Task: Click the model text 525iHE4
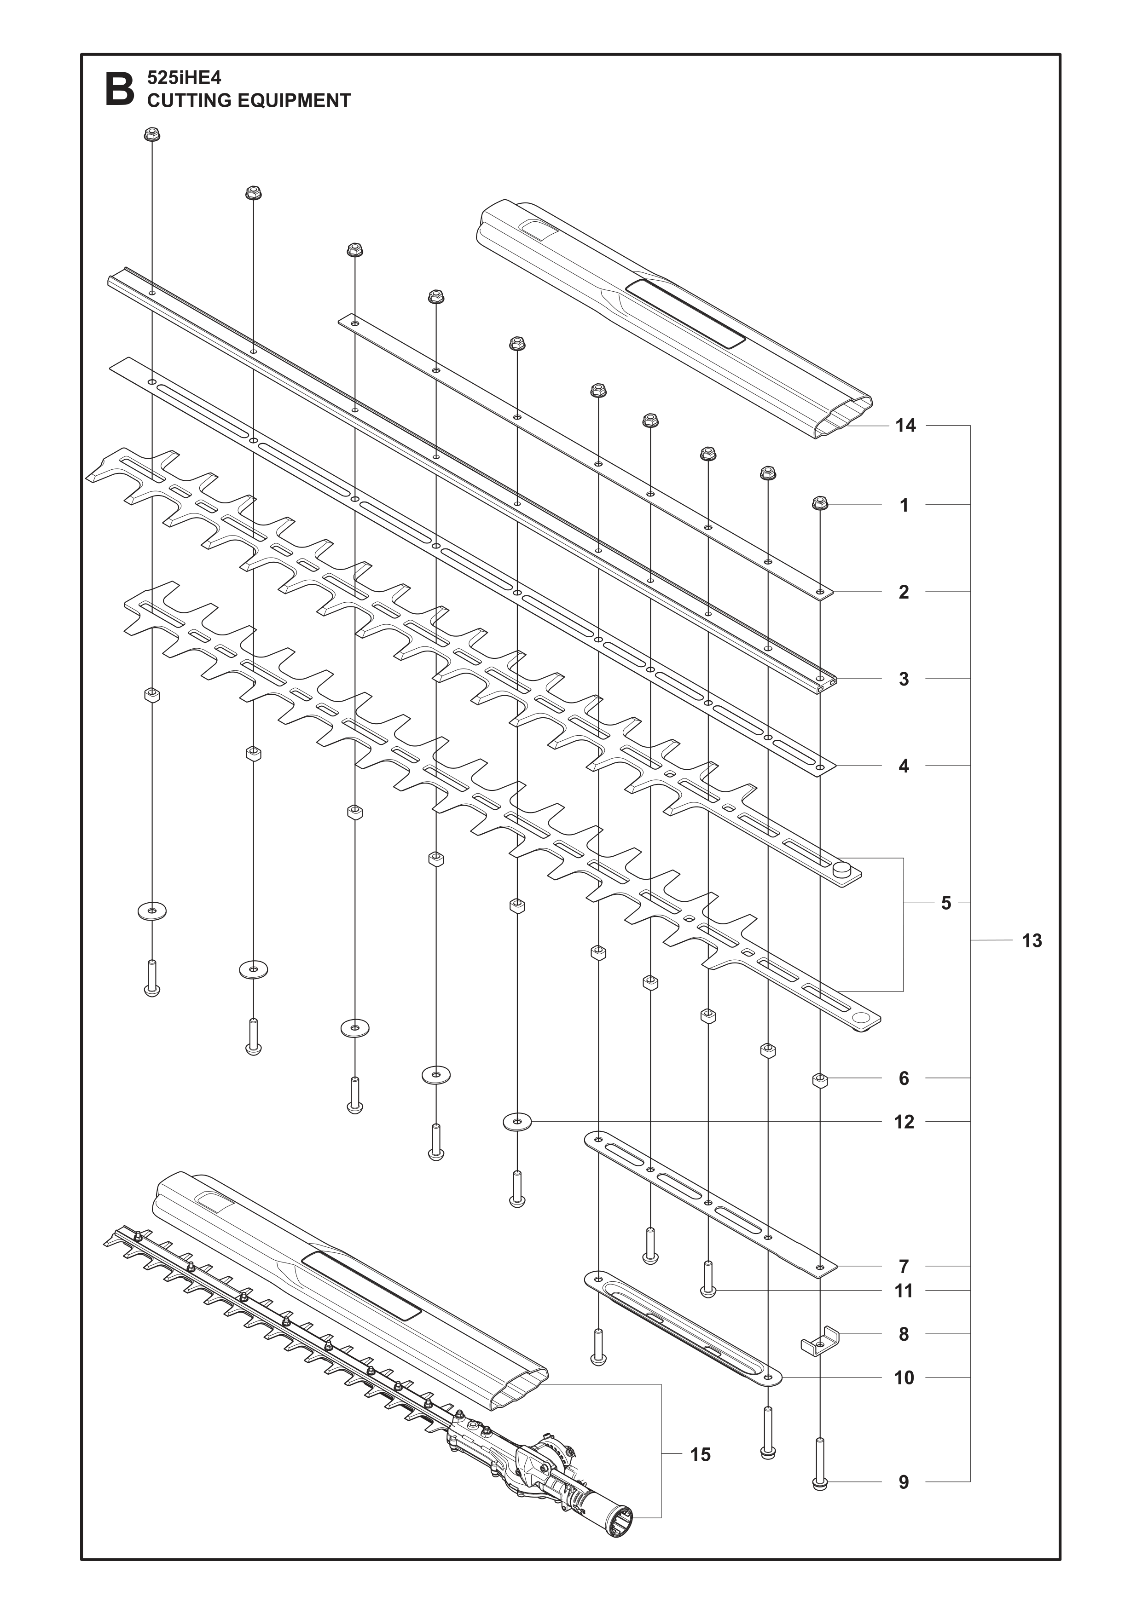184,77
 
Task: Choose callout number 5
946,903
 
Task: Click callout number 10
904,1378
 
